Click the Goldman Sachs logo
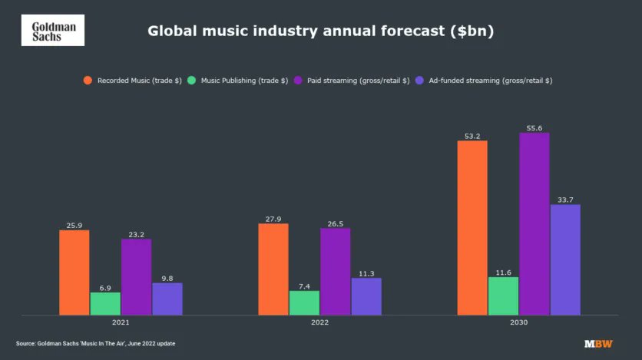click(52, 30)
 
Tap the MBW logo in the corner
click(598, 344)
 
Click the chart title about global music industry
click(320, 31)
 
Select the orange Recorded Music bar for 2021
click(74, 272)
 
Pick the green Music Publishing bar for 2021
click(105, 303)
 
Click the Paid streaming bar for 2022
click(335, 271)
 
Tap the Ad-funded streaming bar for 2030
click(565, 259)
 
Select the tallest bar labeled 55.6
click(534, 223)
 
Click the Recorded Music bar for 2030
click(472, 227)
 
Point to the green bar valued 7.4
click(304, 302)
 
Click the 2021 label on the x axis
click(121, 323)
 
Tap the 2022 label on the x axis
click(319, 323)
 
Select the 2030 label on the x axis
click(519, 323)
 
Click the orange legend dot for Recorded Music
click(88, 80)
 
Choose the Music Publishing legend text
click(244, 80)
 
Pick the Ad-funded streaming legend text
click(489, 80)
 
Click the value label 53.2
click(472, 136)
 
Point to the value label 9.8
click(167, 278)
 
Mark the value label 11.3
click(366, 272)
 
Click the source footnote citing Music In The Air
click(96, 344)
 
